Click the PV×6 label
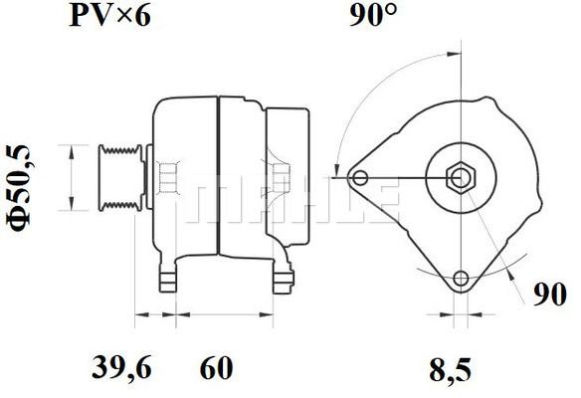(x=110, y=16)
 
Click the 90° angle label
(x=373, y=16)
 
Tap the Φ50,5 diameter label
(x=18, y=187)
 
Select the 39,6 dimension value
(x=121, y=367)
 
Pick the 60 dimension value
(x=217, y=367)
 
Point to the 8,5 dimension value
(x=451, y=370)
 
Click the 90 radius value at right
(x=550, y=295)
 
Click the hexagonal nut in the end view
(x=461, y=178)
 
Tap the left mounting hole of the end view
(x=360, y=178)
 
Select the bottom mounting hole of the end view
(x=461, y=278)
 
